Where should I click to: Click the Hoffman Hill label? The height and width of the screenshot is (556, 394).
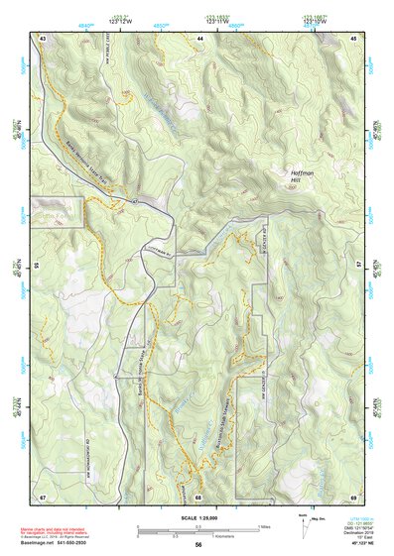pos(301,177)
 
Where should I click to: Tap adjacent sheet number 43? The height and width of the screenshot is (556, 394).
pos(43,37)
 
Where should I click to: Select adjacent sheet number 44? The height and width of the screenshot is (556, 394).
pos(199,37)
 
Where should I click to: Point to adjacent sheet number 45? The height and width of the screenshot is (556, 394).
pos(353,37)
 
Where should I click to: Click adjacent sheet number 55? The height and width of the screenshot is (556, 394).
pos(37,266)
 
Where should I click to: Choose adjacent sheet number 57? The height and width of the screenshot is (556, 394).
pos(358,266)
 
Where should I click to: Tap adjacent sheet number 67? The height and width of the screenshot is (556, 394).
pos(43,496)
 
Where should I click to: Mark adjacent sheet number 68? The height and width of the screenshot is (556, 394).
pos(198,496)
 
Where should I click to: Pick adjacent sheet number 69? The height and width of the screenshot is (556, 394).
pos(353,496)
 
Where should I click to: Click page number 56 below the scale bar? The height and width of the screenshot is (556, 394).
pos(198,544)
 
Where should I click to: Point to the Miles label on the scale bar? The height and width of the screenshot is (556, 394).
pos(264,525)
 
